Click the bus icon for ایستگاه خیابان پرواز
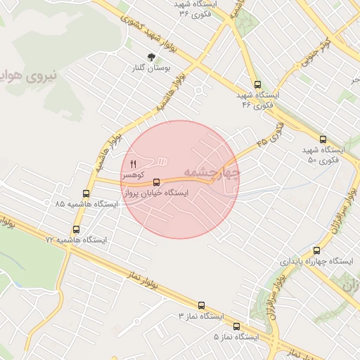(156, 182)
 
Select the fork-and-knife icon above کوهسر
(133, 164)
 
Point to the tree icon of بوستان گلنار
(150, 57)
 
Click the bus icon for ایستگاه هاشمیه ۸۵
(86, 193)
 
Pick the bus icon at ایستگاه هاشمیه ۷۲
(77, 229)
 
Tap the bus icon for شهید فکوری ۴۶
(257, 84)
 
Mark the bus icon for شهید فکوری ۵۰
(323, 139)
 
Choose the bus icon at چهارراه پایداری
(316, 250)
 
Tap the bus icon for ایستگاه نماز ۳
(202, 306)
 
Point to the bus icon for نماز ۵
(236, 326)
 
